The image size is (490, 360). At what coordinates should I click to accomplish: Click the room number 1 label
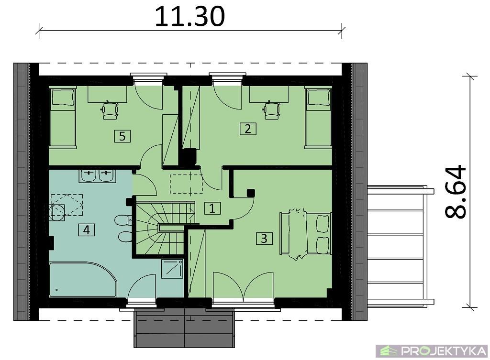pos(212,208)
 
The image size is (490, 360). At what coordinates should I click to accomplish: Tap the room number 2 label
pos(248,129)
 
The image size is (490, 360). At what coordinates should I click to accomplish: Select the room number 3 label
pos(264,238)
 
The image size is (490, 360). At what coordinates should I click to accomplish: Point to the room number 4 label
pos(87,230)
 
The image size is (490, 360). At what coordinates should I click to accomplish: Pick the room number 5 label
pos(122,136)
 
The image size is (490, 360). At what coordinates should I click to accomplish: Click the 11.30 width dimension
pos(189,16)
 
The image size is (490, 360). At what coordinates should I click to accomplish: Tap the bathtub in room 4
pos(83,280)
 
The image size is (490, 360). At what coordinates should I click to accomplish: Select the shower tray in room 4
pos(172,269)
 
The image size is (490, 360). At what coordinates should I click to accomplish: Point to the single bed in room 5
pos(63,118)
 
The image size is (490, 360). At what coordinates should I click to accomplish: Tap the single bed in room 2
pos(318,118)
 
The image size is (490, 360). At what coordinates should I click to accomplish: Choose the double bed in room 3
pos(305,233)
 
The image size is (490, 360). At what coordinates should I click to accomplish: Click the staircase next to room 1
pos(165,229)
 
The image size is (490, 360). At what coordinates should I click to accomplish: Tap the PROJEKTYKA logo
pos(433,351)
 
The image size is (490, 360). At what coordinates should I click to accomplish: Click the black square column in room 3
pos(251,193)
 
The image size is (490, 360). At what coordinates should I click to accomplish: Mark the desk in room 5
pos(107,94)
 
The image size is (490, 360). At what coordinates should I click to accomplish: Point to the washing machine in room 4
pos(57,212)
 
